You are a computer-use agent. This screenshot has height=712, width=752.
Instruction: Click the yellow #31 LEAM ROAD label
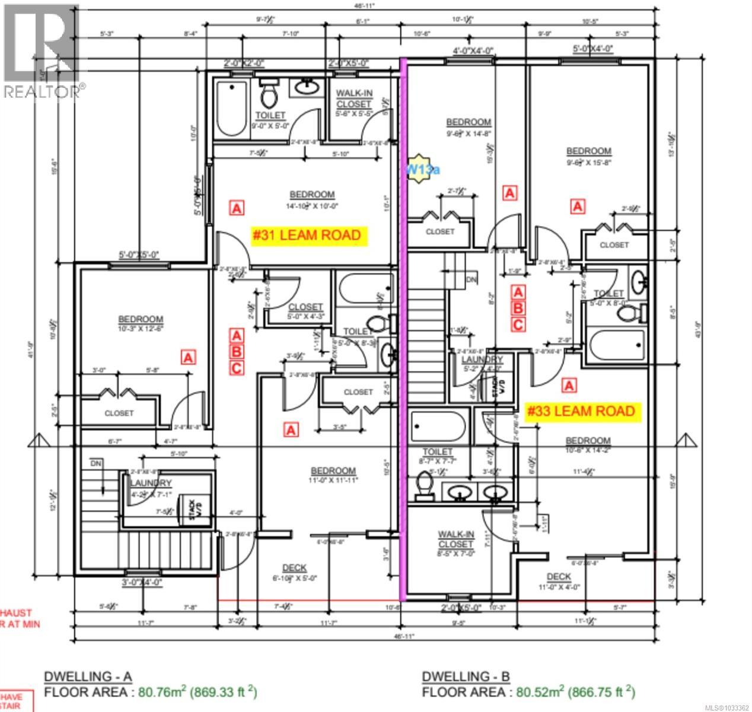point(310,236)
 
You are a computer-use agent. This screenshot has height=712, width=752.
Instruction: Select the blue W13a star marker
point(422,169)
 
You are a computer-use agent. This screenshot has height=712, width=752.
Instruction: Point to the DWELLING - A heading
point(88,676)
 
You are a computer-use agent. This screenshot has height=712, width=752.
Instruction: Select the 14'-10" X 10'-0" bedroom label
point(312,201)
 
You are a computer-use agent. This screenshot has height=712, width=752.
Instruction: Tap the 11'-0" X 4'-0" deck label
point(558,581)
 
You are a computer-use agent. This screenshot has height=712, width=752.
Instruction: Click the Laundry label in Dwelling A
point(151,484)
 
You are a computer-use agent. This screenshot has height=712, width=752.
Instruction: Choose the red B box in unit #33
point(518,308)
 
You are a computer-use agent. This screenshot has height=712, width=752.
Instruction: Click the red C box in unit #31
point(236,368)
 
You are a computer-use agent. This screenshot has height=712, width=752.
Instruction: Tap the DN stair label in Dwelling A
point(96,463)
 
